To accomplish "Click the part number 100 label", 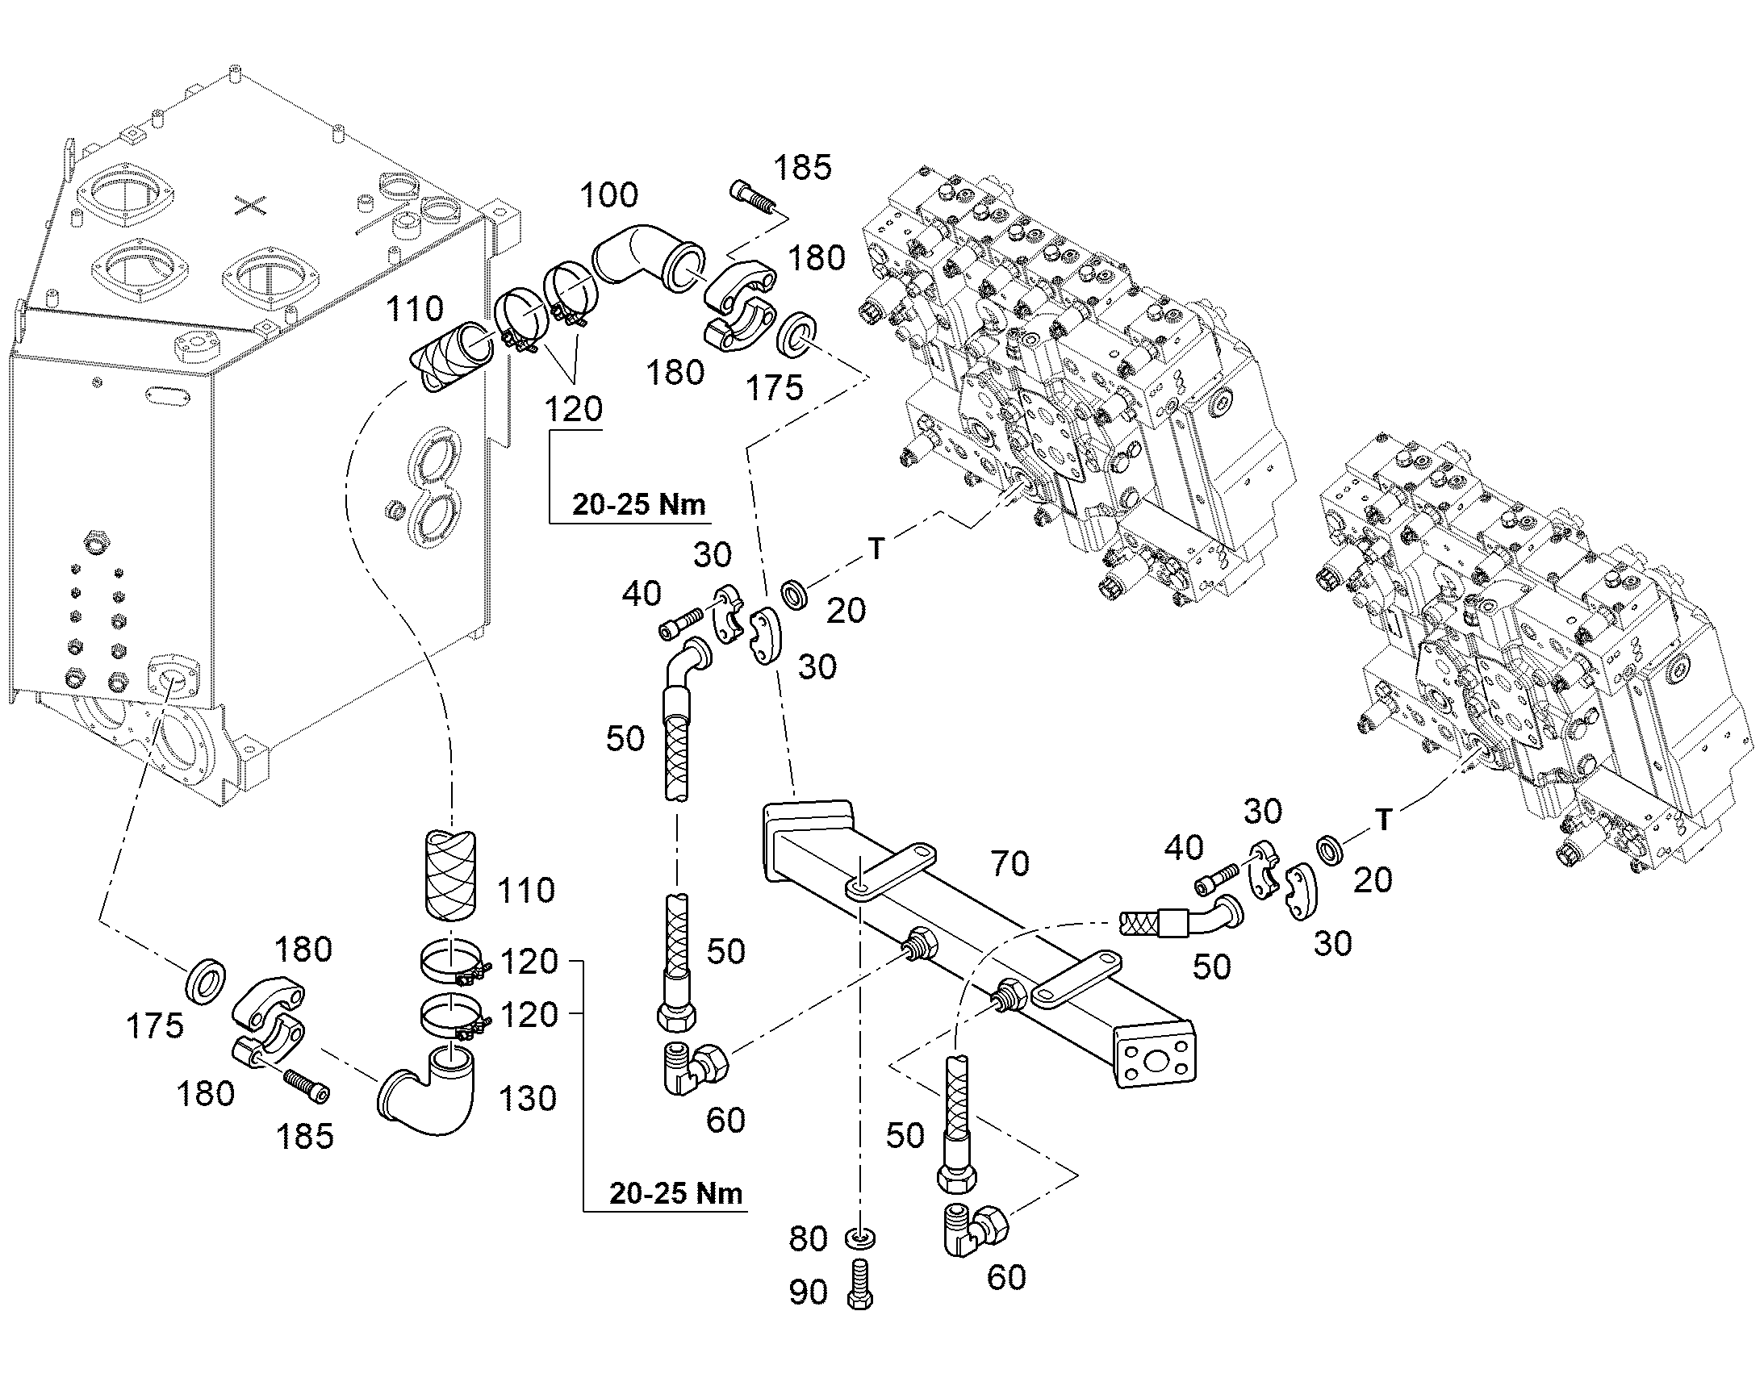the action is (x=609, y=195).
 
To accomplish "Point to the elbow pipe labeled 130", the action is (x=428, y=1092).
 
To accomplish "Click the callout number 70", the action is (x=1009, y=864).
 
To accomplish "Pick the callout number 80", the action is (x=809, y=1238).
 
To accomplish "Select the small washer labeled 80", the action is (x=860, y=1239).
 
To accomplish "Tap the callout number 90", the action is (x=809, y=1292).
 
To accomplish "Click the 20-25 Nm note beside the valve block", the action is (x=638, y=504).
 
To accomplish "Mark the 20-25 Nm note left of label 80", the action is (x=675, y=1193).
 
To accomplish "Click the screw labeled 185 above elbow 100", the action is (x=752, y=198).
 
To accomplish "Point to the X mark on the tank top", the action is (x=250, y=207).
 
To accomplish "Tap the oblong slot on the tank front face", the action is (x=169, y=395).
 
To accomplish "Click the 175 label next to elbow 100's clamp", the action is (x=775, y=387).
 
